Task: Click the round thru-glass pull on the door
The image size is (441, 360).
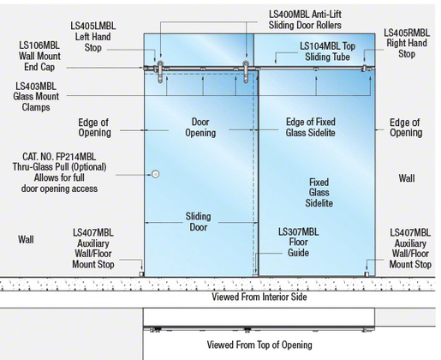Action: click(x=155, y=174)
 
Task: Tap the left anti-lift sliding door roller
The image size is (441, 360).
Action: click(x=160, y=72)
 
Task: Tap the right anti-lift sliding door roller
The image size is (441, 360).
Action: click(x=246, y=72)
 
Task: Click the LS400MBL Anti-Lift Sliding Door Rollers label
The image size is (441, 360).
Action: click(x=305, y=20)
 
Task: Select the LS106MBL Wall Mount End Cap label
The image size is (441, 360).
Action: click(x=39, y=56)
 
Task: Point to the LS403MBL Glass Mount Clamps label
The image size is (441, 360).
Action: click(x=36, y=97)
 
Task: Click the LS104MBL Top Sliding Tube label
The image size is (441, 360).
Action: click(x=327, y=51)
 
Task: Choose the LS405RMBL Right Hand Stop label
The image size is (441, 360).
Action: click(x=407, y=43)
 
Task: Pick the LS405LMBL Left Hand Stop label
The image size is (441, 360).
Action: click(x=93, y=37)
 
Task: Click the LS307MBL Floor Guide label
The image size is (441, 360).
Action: click(x=298, y=243)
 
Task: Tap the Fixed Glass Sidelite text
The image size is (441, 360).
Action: click(x=319, y=193)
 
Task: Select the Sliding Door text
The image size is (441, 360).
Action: click(x=199, y=222)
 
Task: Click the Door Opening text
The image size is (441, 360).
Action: click(x=200, y=127)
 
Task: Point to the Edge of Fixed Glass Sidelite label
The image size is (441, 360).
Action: click(x=311, y=127)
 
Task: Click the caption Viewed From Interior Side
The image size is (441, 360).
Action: click(x=259, y=297)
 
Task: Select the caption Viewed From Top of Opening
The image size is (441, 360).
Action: click(x=259, y=345)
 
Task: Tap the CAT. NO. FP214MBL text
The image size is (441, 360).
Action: click(x=59, y=157)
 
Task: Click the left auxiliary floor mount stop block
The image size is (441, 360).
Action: click(x=141, y=274)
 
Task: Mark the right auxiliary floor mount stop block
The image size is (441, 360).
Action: click(x=367, y=274)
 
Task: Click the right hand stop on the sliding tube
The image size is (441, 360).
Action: click(x=364, y=69)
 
